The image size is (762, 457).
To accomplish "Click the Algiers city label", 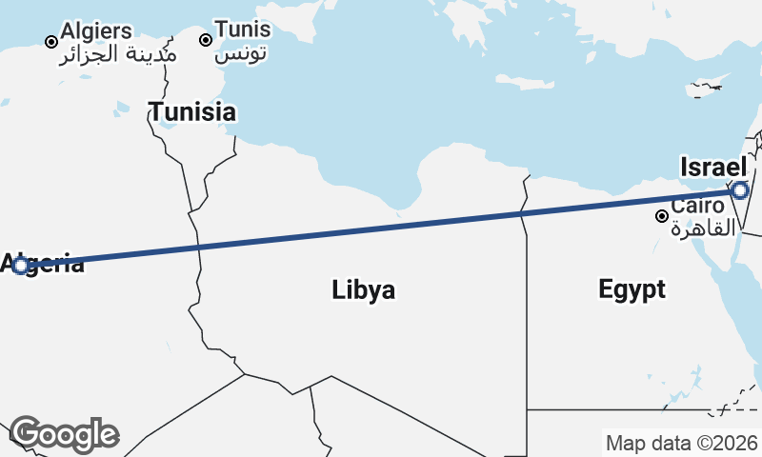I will coord(96,31).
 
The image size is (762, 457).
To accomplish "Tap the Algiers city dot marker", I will coord(51,42).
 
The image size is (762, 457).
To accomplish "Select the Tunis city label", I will coord(242,30).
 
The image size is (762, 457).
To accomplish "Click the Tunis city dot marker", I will coord(205,40).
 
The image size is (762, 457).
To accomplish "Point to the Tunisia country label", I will coord(191,111).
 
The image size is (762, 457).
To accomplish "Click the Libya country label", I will coord(363,290).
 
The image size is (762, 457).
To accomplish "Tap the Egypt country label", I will coord(632,289).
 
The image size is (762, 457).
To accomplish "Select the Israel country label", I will coord(712,168).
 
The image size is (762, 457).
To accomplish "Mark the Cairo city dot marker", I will coord(661,216).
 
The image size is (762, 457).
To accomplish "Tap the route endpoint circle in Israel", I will coord(740,190).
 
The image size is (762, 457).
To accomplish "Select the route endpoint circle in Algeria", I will coord(21,265).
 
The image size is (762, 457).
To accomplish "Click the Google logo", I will coord(64,434).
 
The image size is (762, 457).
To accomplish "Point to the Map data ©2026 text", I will coord(681,443).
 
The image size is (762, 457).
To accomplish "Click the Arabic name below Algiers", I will coord(118,53).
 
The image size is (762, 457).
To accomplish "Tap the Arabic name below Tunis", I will coord(241,52).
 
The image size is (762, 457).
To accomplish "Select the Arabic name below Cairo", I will coord(704,228).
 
